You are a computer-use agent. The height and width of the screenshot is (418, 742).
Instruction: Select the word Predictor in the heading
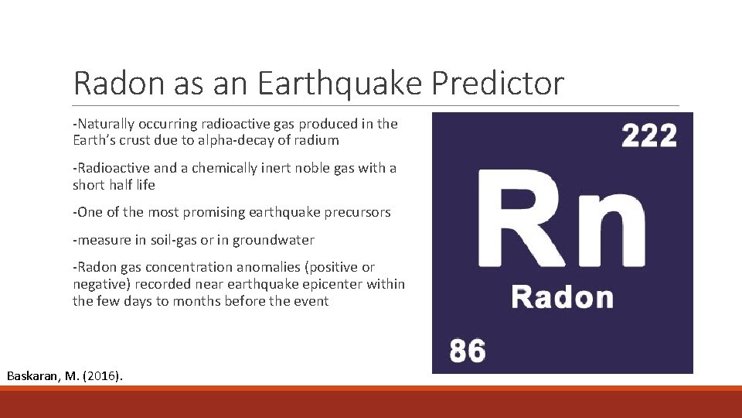pyautogui.click(x=498, y=84)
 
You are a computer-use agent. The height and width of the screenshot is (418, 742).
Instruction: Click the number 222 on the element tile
pyautogui.click(x=649, y=136)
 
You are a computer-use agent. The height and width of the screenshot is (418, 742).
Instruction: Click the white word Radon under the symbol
pyautogui.click(x=562, y=296)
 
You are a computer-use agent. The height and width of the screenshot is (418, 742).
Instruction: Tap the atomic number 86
pyautogui.click(x=468, y=350)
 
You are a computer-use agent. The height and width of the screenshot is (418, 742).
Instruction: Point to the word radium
pyautogui.click(x=316, y=140)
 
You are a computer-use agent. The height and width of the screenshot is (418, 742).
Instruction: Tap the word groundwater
pyautogui.click(x=276, y=240)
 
